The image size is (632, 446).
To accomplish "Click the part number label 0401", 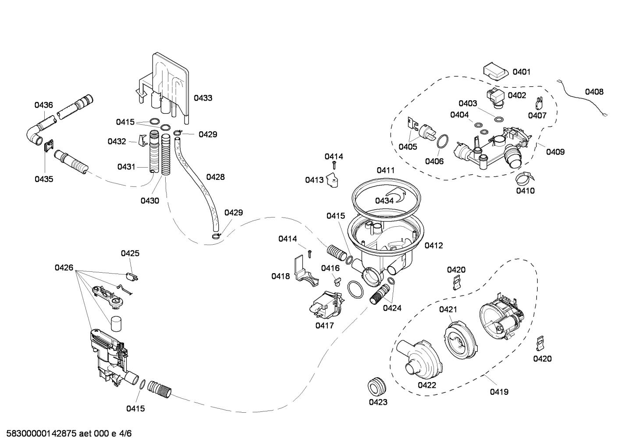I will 521,72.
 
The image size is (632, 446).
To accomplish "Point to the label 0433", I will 203,98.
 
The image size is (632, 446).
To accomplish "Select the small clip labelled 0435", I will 49,145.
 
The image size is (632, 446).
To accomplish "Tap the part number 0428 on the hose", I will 215,177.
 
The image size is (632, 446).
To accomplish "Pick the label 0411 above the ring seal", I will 386,170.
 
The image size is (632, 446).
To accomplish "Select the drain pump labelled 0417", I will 327,304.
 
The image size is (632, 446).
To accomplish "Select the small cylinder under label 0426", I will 116,324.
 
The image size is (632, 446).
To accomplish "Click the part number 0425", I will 130,253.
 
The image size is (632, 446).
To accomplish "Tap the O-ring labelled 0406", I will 443,142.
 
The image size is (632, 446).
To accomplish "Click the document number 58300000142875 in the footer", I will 39,434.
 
